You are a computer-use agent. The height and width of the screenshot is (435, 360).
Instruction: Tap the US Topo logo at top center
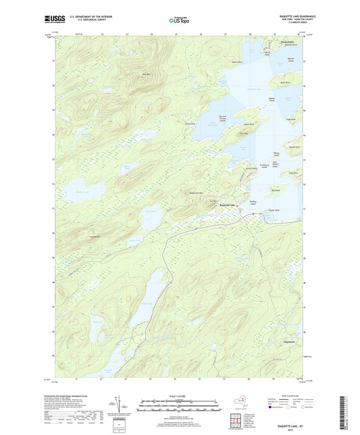pyautogui.click(x=178, y=20)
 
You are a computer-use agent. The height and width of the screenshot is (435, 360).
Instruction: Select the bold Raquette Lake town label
pyautogui.click(x=228, y=205)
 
